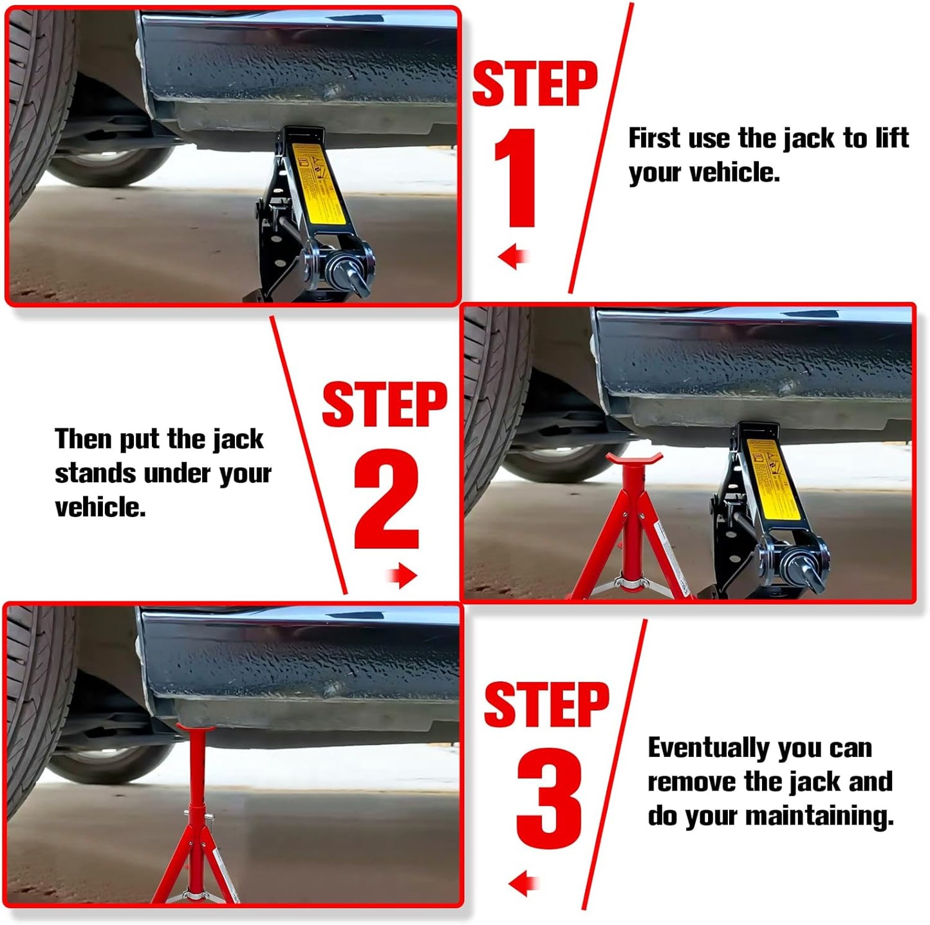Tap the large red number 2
[x=386, y=499]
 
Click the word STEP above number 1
[x=535, y=84]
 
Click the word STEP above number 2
[x=384, y=404]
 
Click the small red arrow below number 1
[x=513, y=257]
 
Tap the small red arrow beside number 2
[x=403, y=575]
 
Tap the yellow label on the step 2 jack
[x=774, y=480]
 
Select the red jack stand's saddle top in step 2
[x=635, y=460]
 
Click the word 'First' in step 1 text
[x=653, y=138]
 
